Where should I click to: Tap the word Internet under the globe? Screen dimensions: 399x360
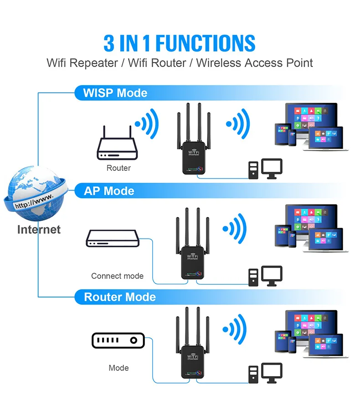[x=39, y=229]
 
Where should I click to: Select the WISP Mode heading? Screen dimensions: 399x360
[x=115, y=93]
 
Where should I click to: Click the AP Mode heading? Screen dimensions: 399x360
[x=109, y=191]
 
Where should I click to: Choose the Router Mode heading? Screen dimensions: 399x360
[x=120, y=297]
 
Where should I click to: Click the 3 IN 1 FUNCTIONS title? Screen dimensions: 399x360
[x=180, y=43]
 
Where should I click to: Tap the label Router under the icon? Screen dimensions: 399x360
[x=118, y=168]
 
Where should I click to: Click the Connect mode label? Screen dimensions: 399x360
[x=117, y=276]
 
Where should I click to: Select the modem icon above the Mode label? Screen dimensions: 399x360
[x=118, y=340]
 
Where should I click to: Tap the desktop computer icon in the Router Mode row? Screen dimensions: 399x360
[x=266, y=373]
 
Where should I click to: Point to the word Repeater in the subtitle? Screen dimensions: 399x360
[x=93, y=62]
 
